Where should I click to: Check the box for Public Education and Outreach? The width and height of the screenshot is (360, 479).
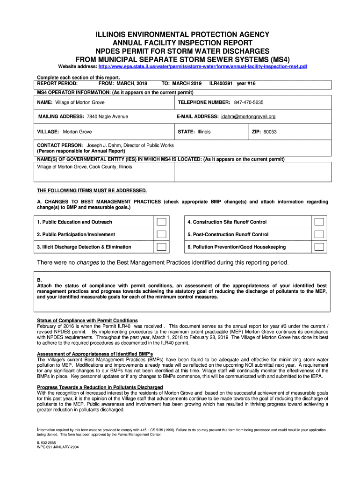[161, 222]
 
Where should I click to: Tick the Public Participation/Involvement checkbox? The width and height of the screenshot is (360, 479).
[161, 234]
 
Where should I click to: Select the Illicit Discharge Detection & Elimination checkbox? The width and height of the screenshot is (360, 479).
[161, 247]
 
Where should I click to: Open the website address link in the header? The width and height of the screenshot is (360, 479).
[200, 67]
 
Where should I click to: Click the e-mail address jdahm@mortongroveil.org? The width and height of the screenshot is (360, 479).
[248, 116]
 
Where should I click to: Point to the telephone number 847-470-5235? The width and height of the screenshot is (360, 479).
[249, 102]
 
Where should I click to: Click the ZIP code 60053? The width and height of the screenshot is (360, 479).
[270, 132]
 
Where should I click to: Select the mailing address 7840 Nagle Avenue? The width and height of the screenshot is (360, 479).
[107, 116]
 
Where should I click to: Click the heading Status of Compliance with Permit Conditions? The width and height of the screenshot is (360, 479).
[87, 320]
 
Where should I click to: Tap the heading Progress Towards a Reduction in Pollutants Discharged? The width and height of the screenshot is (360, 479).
[100, 387]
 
